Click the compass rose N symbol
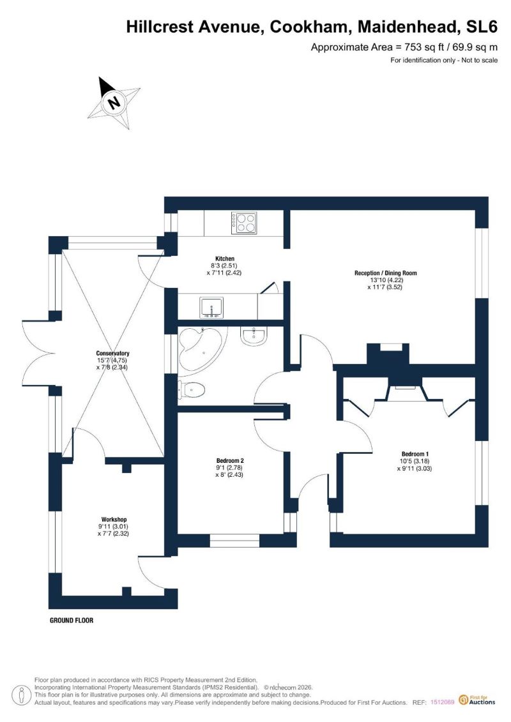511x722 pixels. point(114,102)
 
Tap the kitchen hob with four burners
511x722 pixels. point(244,223)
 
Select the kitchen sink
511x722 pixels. point(211,308)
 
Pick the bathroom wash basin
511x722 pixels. point(254,336)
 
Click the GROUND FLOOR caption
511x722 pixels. point(72,620)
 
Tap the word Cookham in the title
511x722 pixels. point(309,27)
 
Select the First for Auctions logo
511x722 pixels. point(477,700)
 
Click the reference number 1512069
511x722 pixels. point(443,702)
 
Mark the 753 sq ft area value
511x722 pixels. point(423,47)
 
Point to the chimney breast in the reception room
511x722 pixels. point(388,355)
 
